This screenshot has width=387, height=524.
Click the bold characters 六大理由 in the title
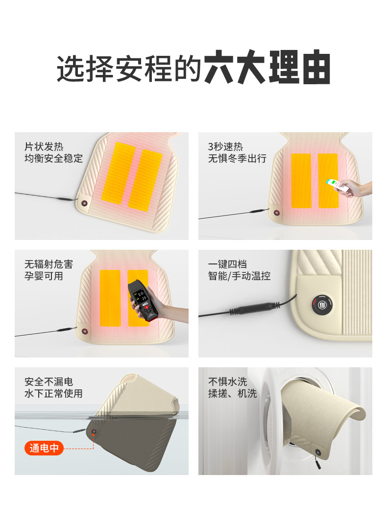pos(267,69)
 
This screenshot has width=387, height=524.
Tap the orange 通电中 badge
pos(44,448)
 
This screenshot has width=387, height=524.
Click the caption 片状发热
pos(44,146)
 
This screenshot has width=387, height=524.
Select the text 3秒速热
pos(225,146)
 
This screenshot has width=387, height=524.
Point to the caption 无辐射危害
pos(48,264)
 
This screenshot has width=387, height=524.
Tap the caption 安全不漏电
pos(48,381)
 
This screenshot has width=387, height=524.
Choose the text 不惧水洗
pos(228,381)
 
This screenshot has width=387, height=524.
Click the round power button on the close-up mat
pos(321,305)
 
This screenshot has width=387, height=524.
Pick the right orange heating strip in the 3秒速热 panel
pos(328,181)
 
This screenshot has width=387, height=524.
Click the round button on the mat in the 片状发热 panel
pos(85,203)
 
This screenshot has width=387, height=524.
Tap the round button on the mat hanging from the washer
pos(318,452)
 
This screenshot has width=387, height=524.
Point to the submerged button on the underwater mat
pos(93,431)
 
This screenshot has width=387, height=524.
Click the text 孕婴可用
pos(44,276)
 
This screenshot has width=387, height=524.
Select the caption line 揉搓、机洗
pos(232,393)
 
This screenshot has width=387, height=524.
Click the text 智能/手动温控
pos(239,276)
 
